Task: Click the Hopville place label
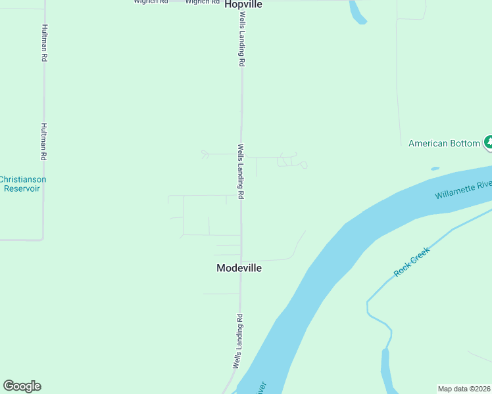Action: point(243,4)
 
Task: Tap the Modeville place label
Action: point(239,268)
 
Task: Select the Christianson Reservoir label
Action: point(22,184)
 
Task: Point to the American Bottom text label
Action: point(446,143)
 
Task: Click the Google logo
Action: point(22,386)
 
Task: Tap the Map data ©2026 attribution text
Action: point(464,389)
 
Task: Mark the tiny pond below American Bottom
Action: point(435,169)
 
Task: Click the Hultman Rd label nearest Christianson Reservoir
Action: point(44,142)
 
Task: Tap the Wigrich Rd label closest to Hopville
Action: point(202,2)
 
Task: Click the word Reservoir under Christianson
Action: point(22,188)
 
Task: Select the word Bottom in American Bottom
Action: point(466,143)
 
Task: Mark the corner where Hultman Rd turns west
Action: point(43,239)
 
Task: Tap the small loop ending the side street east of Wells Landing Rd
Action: point(304,165)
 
